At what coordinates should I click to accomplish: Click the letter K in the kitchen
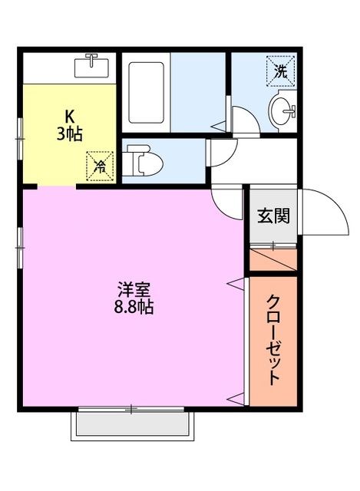click(x=68, y=117)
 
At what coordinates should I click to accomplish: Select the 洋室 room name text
click(x=134, y=290)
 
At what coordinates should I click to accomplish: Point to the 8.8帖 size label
click(x=134, y=307)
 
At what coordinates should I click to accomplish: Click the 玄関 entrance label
click(x=272, y=216)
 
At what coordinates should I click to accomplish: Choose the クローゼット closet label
click(x=272, y=340)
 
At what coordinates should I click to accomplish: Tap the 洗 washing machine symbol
click(x=280, y=72)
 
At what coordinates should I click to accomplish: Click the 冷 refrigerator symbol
click(x=100, y=164)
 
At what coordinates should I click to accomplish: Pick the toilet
click(x=144, y=162)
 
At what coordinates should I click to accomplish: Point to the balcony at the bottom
click(x=131, y=423)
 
